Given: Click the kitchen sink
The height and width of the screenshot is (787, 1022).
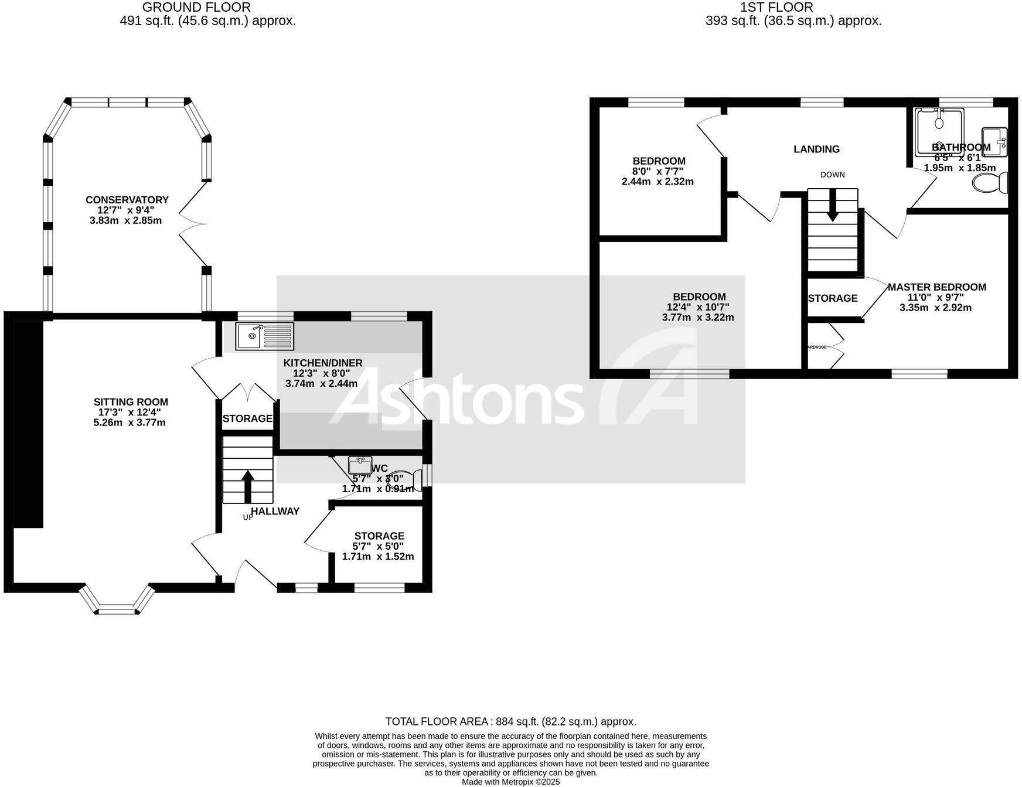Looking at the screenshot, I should coord(264,336).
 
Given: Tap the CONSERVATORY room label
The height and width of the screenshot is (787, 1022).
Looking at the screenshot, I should coord(127,200).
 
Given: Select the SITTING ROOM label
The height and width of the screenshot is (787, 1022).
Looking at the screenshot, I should coord(131,402).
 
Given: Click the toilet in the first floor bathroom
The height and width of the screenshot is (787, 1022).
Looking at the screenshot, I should coord(990,183).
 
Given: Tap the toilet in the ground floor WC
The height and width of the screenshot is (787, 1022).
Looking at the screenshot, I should coord(407,479).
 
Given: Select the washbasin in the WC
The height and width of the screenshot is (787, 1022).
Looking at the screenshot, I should coord(360,465).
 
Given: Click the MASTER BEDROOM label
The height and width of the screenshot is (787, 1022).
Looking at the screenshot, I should coord(936,287).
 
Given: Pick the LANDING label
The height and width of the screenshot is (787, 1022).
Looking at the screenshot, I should coord(816,149).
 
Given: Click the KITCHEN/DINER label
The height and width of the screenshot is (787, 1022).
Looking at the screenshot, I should coord(323,363).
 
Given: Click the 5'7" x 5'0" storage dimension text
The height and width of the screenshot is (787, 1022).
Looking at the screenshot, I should coord(379,546).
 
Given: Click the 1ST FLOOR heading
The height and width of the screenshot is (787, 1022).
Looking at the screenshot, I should coord(776,8).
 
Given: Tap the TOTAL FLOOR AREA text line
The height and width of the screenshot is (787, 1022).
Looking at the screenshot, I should coord(510,722).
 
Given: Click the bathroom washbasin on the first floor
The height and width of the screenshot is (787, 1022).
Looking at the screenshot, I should coord(994,142).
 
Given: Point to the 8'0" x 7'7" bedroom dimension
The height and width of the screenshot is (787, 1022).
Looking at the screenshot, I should coord(658,171).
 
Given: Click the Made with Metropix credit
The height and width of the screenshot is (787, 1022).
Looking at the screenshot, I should coord(510,782).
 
